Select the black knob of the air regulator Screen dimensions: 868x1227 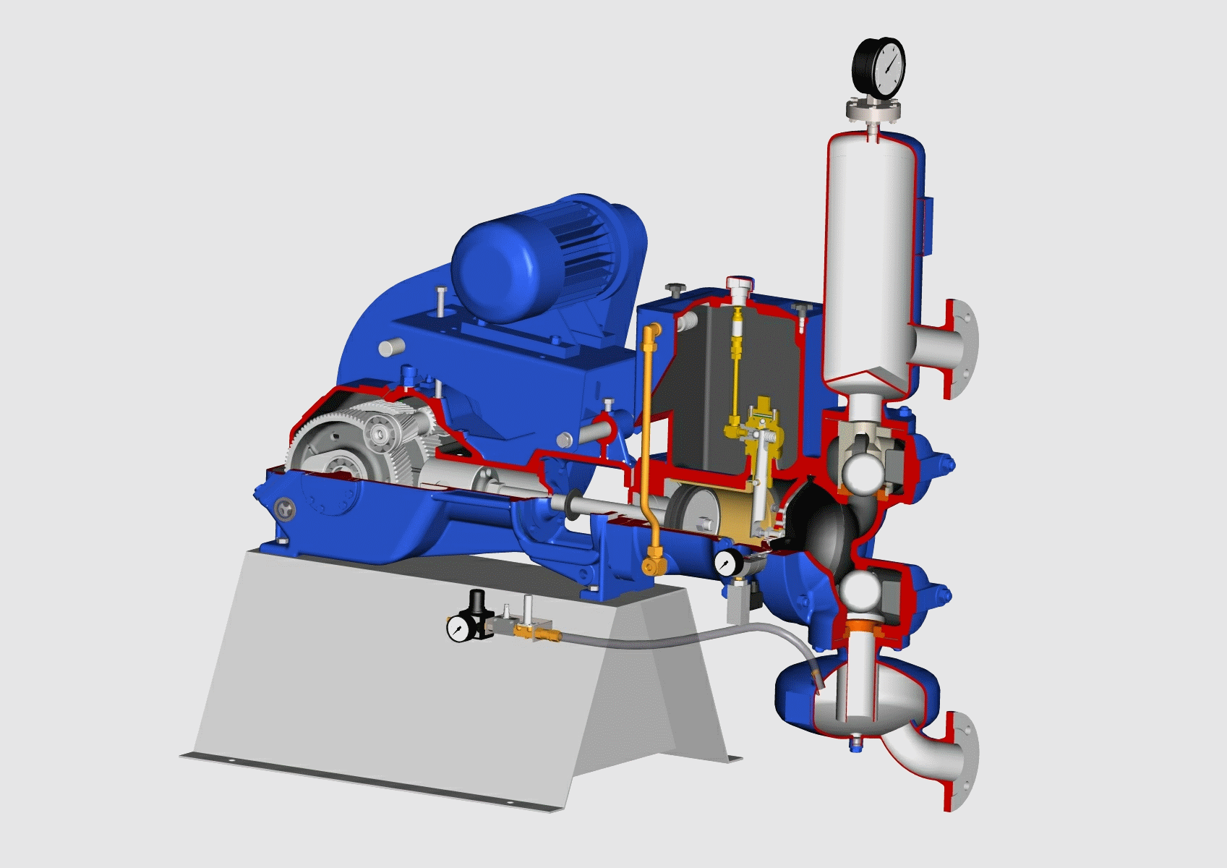tap(476, 600)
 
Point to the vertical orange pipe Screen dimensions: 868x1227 tap(646, 434)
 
